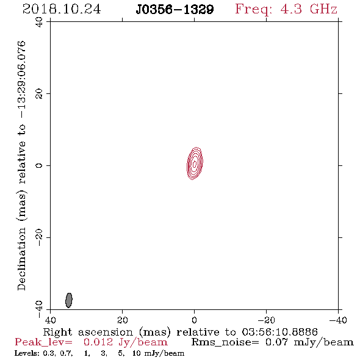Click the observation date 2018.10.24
click(62, 9)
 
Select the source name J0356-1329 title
click(175, 10)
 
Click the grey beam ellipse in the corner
click(69, 300)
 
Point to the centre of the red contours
click(195, 164)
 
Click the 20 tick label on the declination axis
click(39, 94)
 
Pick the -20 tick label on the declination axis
click(39, 237)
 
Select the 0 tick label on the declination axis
click(39, 165)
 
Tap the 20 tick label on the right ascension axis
click(123, 320)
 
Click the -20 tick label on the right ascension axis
click(266, 320)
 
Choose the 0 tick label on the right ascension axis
click(195, 320)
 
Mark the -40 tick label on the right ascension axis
click(338, 320)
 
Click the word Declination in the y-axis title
click(21, 259)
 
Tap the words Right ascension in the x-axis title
click(88, 332)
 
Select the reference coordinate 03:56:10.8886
click(279, 332)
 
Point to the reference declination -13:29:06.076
click(21, 79)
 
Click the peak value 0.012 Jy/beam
click(126, 342)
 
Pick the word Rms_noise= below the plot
click(225, 342)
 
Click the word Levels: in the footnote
click(27, 353)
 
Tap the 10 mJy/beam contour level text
click(158, 353)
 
